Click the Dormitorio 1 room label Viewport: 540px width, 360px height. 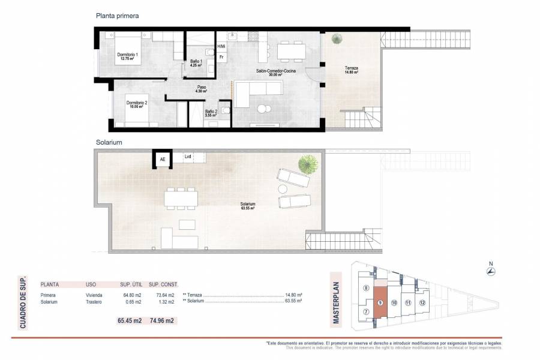128,57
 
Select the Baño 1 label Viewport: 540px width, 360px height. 196,62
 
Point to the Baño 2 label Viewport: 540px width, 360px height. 210,112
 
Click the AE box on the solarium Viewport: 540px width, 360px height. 161,159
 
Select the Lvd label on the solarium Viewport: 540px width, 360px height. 188,157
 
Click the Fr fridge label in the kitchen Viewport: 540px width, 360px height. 221,58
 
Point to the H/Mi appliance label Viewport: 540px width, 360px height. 221,47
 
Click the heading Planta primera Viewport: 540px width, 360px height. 118,16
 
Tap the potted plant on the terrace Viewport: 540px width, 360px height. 335,40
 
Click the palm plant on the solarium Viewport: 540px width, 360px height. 308,163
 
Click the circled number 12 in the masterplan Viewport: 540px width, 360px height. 422,302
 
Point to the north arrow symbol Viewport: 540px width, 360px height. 490,272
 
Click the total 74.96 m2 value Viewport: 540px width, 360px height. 161,321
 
